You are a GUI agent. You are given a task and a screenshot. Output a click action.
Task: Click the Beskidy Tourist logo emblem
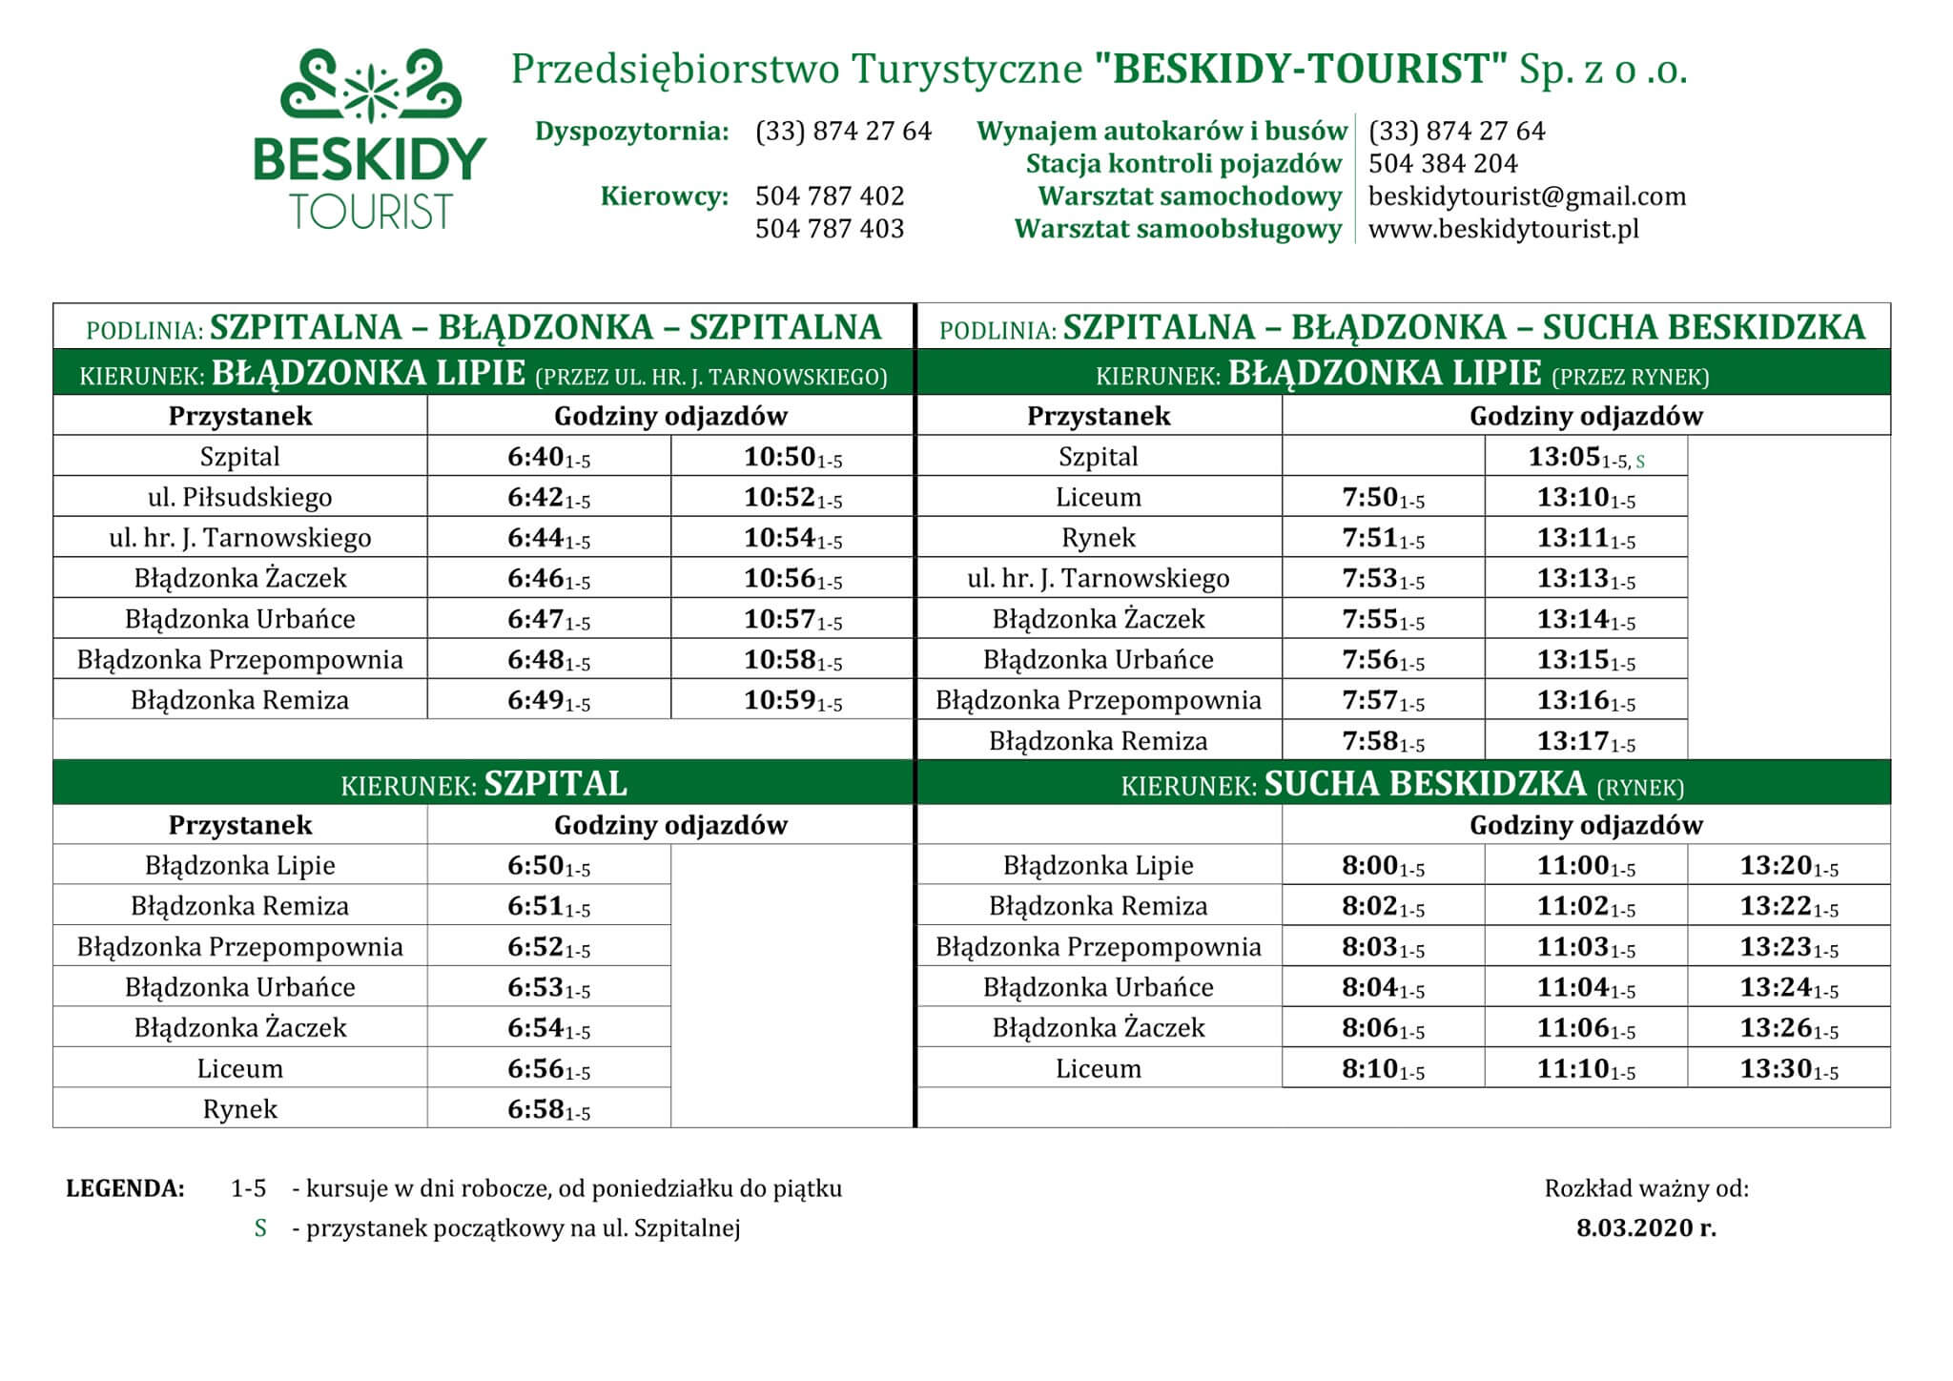click(370, 89)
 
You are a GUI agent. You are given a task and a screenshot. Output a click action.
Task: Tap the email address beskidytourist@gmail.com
click(1527, 196)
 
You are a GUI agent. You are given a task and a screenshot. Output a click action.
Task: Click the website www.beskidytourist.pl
click(1503, 229)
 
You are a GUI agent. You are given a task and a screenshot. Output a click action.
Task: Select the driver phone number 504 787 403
click(829, 229)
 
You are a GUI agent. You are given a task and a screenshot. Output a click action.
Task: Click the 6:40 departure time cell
click(548, 457)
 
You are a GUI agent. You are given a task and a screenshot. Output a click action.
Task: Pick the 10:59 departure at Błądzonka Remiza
click(792, 701)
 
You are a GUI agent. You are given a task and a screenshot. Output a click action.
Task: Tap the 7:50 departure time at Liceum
click(1382, 498)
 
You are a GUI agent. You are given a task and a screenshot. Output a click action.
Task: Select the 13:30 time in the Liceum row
click(1788, 1069)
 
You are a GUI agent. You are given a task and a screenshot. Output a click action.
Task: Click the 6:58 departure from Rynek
click(548, 1109)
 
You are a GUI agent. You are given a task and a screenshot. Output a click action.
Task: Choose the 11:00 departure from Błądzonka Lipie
click(1585, 866)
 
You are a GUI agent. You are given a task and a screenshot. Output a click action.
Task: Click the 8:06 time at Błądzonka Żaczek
click(1382, 1028)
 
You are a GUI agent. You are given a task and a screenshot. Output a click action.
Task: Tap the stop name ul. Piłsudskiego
click(240, 498)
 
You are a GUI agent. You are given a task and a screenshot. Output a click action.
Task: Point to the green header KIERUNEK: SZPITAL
click(483, 784)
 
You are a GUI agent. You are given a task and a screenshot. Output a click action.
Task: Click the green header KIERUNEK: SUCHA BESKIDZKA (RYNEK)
click(1402, 784)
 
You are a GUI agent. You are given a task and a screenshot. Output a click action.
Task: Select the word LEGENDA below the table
click(125, 1189)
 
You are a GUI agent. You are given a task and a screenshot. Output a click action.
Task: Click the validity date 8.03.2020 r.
click(1646, 1228)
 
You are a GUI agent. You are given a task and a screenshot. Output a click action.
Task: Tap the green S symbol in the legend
click(260, 1228)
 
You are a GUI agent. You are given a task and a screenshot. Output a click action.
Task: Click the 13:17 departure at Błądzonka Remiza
click(1585, 742)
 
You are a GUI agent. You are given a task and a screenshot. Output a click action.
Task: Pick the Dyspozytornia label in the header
click(631, 132)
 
